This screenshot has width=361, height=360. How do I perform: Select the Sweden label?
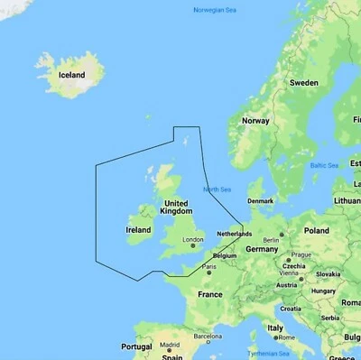coord(304,82)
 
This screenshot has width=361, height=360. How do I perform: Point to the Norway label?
coord(255,121)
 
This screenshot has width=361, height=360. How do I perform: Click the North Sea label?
coord(218,189)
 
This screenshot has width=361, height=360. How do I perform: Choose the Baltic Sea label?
coord(324,165)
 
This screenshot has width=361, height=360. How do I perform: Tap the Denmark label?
coord(260,201)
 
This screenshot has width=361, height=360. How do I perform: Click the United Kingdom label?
coord(175,207)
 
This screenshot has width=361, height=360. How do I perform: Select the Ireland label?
coord(138,230)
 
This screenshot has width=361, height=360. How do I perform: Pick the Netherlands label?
coord(235,234)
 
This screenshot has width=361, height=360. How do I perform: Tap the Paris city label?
coord(208,266)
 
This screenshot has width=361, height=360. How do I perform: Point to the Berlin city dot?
coord(281,235)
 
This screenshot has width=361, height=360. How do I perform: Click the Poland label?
coord(317,231)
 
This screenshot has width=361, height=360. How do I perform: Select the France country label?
coord(209,294)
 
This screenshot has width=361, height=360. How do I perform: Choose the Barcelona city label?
coord(207,336)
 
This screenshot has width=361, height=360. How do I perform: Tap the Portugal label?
coord(135,346)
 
